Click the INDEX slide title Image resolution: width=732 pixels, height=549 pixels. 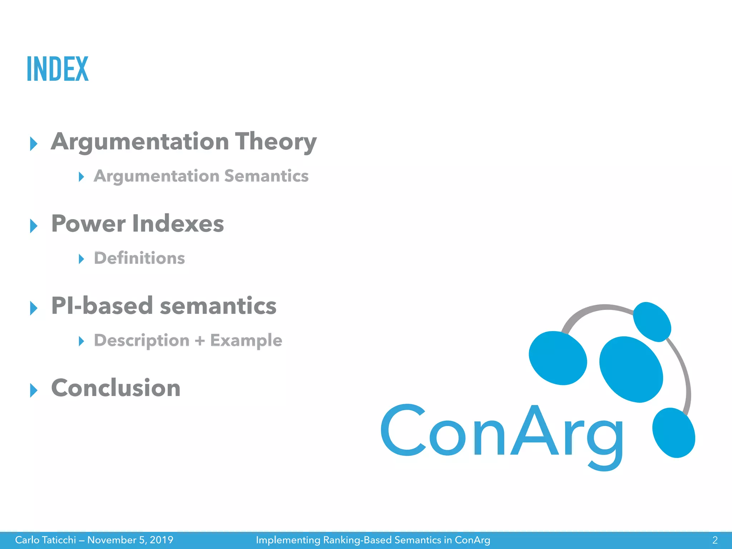coord(58,69)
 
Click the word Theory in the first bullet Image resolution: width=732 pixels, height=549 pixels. coord(276,142)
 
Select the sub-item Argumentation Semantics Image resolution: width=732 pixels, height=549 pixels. coord(201,176)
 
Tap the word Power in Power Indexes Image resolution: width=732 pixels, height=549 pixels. coord(88,224)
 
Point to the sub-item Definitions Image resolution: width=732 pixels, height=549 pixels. coord(139,258)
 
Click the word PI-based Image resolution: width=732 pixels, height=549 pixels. coord(102,306)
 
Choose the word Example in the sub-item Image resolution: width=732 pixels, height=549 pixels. coord(246,340)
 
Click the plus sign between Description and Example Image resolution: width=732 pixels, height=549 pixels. coord(200,340)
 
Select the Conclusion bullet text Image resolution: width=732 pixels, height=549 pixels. coord(116,388)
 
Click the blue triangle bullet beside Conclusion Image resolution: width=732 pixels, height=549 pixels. coord(34,390)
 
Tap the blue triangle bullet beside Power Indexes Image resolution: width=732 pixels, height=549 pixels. coord(34,226)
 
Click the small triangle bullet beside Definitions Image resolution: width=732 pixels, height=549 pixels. coord(81,259)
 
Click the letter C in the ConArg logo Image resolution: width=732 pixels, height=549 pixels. coord(403,430)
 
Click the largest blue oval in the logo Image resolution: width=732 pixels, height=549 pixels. coord(631,369)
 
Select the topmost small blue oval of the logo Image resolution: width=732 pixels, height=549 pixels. coord(652,322)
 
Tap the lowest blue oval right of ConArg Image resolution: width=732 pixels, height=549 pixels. coord(674,433)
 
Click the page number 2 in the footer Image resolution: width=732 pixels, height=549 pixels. coord(715,540)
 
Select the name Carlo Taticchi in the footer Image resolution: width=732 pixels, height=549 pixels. coord(45,540)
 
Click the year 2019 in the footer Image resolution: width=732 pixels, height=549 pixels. coord(161,540)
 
